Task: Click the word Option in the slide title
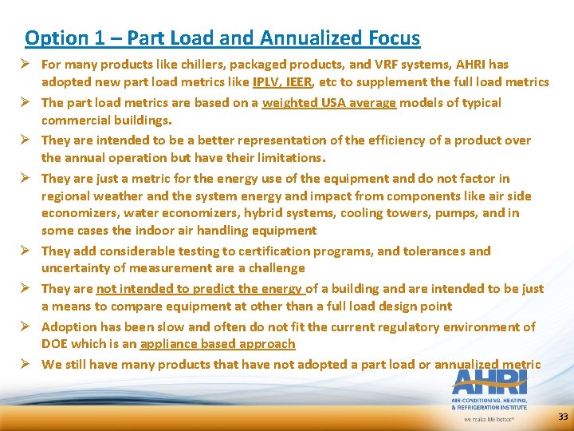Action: pyautogui.click(x=56, y=38)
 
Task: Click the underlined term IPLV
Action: pyautogui.click(x=268, y=81)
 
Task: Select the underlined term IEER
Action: pyautogui.click(x=302, y=81)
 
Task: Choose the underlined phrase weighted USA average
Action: pyautogui.click(x=328, y=102)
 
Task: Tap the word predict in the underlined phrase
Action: pyautogui.click(x=219, y=289)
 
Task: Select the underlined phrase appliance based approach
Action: pyautogui.click(x=218, y=344)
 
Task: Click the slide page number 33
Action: pyautogui.click(x=563, y=417)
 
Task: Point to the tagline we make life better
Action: pyautogui.click(x=489, y=417)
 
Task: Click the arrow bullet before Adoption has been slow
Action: pyautogui.click(x=29, y=326)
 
